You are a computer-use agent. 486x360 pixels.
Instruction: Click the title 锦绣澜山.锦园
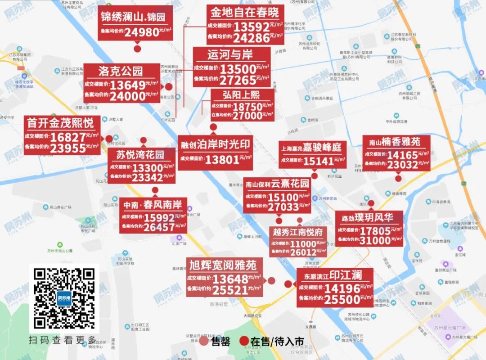point(133,18)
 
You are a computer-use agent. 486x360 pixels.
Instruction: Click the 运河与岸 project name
point(230,55)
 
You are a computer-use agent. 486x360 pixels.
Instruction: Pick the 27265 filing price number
point(238,80)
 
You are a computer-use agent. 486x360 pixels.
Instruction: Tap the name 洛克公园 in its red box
point(121,71)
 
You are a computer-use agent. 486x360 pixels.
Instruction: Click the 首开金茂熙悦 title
point(60,122)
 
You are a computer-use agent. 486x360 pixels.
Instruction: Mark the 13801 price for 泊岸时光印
point(222,159)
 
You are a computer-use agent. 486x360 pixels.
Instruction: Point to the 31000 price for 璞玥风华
point(375,241)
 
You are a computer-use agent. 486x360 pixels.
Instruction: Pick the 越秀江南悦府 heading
point(298,232)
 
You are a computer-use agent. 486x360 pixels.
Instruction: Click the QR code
point(64,298)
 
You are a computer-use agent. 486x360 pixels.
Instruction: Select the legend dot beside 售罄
point(204,341)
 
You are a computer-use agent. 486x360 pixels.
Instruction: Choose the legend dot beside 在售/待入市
point(244,341)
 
